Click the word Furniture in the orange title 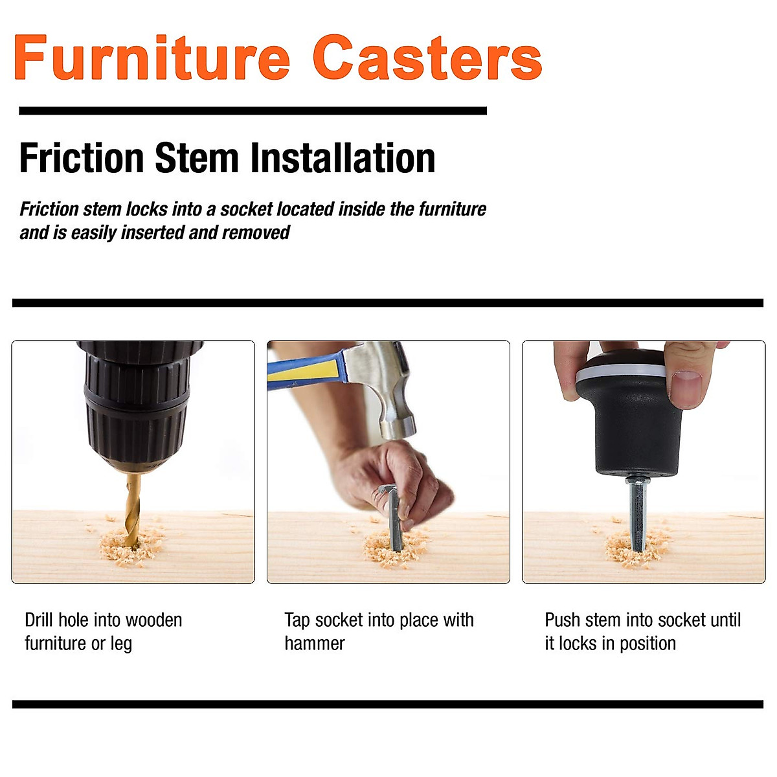[152, 58]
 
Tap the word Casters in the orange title [427, 58]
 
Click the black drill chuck [136, 401]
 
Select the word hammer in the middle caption [315, 644]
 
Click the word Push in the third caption [562, 620]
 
